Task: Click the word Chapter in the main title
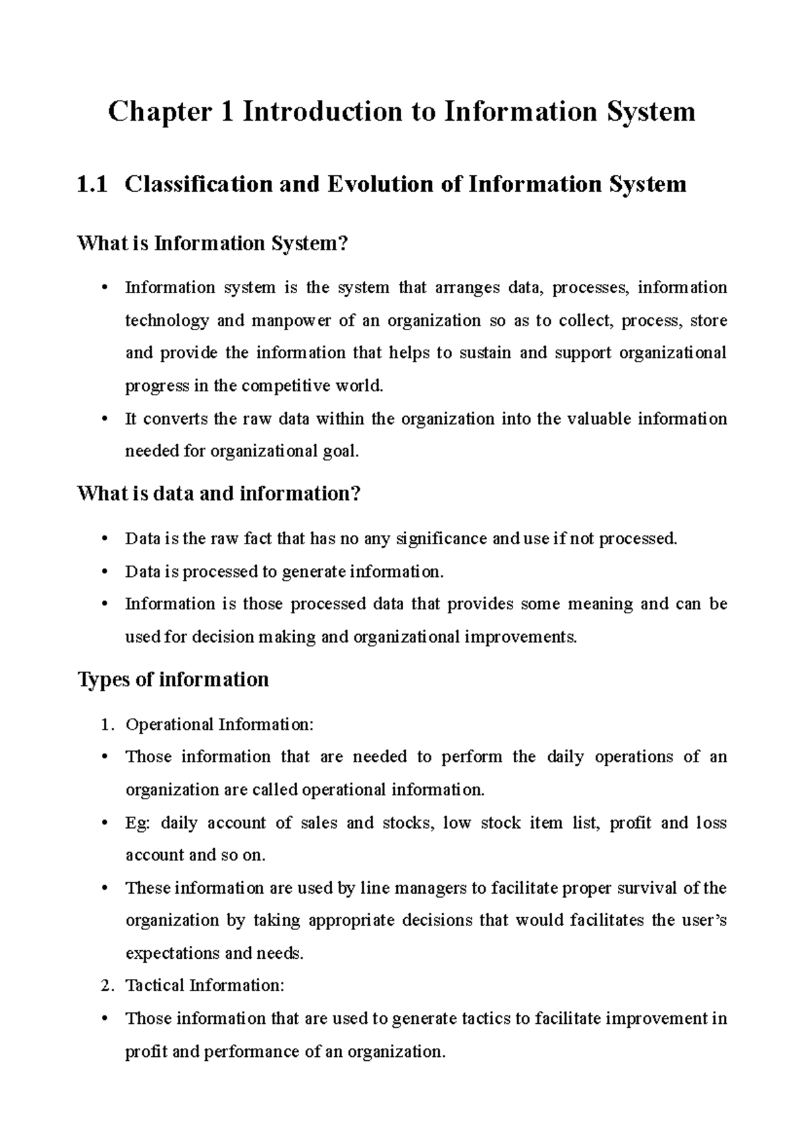click(x=159, y=112)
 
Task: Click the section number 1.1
click(x=92, y=184)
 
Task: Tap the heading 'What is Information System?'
click(x=213, y=243)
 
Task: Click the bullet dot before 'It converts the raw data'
click(x=103, y=419)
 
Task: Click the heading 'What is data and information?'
click(x=219, y=494)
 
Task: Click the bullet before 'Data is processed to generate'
click(x=103, y=572)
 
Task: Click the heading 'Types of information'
click(x=173, y=680)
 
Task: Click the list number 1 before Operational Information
click(x=104, y=725)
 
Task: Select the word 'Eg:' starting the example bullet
click(x=137, y=823)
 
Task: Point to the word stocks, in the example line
click(x=407, y=823)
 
